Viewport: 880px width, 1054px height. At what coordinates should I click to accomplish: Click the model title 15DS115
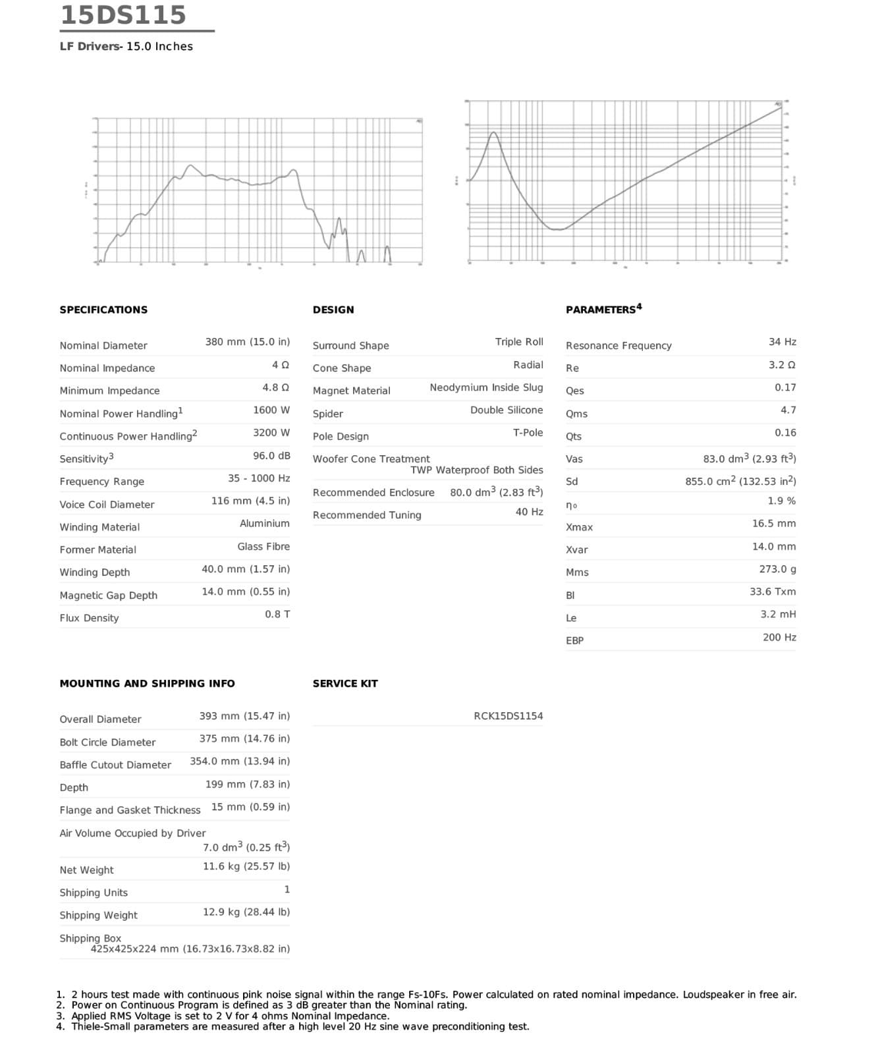(123, 15)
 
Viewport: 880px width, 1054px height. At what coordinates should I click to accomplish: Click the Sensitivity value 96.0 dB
(271, 456)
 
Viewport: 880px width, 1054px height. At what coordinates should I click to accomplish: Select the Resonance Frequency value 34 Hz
(782, 342)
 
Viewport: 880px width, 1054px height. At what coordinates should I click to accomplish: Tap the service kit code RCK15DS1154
(508, 716)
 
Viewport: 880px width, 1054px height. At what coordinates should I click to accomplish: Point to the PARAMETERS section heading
(603, 310)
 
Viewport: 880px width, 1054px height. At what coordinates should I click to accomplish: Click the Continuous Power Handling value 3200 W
(271, 433)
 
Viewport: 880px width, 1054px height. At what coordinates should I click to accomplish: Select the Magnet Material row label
(351, 391)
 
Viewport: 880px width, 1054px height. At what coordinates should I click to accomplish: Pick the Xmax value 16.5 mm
(773, 524)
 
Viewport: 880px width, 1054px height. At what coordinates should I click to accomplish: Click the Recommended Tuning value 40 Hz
(529, 512)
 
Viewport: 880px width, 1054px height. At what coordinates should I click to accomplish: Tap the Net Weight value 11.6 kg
(246, 866)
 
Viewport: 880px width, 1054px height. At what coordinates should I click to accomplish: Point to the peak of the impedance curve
(493, 133)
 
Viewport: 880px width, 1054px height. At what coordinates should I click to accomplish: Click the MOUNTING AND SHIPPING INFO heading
(147, 684)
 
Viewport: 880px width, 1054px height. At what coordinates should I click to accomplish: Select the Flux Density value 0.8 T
(277, 615)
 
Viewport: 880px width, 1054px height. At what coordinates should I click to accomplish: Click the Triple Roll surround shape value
(519, 342)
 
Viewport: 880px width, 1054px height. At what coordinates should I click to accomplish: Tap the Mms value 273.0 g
(777, 569)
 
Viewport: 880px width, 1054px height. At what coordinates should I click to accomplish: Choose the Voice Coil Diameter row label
(107, 505)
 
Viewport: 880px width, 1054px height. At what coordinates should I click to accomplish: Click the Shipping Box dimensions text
(190, 949)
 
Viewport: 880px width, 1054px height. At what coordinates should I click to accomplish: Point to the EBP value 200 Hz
(779, 638)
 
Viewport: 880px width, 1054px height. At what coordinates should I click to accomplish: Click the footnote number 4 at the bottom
(61, 1026)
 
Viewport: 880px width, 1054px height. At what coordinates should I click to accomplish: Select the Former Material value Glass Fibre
(263, 547)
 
